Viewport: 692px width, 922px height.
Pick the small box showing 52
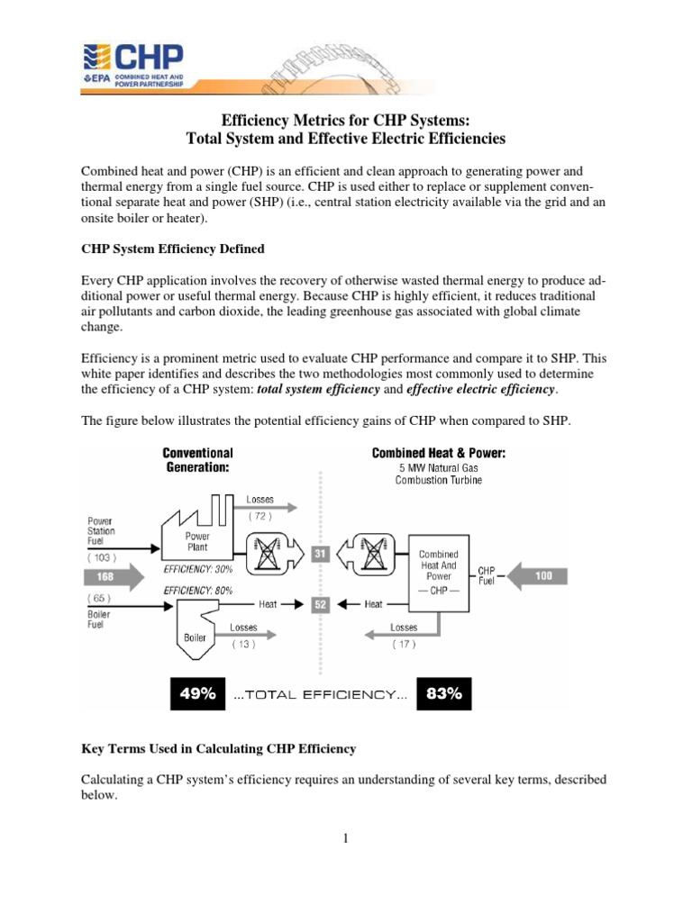(318, 605)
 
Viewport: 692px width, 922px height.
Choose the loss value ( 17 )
(402, 644)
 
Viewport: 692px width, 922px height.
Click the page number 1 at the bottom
(345, 838)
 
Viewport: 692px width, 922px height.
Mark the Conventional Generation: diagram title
(198, 459)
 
